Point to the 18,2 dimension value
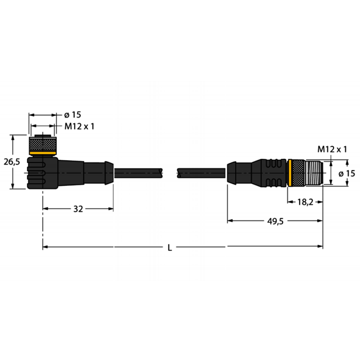[305, 202]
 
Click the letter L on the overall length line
[170, 247]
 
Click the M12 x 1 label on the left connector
[79, 126]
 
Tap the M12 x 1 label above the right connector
[332, 149]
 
